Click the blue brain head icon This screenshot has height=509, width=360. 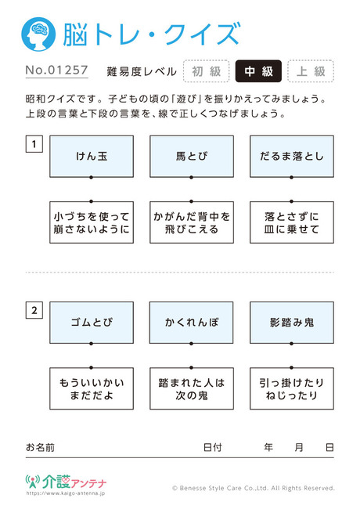(x=38, y=34)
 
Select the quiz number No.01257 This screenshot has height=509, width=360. (x=57, y=70)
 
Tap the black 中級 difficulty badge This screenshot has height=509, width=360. (x=258, y=71)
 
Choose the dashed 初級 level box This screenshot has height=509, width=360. (x=207, y=71)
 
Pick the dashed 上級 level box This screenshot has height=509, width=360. (x=311, y=71)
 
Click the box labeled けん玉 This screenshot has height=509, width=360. (x=92, y=157)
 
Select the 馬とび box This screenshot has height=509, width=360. (x=192, y=157)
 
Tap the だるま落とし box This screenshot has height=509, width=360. (x=292, y=157)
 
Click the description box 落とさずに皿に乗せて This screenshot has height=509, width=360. (x=292, y=222)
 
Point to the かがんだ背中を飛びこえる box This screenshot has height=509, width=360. (x=192, y=222)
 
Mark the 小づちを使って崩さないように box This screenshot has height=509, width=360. (x=92, y=222)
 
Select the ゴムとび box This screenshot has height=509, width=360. (x=92, y=323)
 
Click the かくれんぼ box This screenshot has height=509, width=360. (x=192, y=323)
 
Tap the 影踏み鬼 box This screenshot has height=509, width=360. (x=292, y=323)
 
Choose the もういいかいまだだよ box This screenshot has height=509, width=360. (x=92, y=388)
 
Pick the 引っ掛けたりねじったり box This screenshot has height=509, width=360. (x=292, y=388)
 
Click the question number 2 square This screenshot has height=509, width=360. (x=34, y=310)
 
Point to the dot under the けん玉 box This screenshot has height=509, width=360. (x=92, y=177)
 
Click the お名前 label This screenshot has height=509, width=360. (x=40, y=448)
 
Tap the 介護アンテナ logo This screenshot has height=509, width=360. (x=66, y=482)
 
